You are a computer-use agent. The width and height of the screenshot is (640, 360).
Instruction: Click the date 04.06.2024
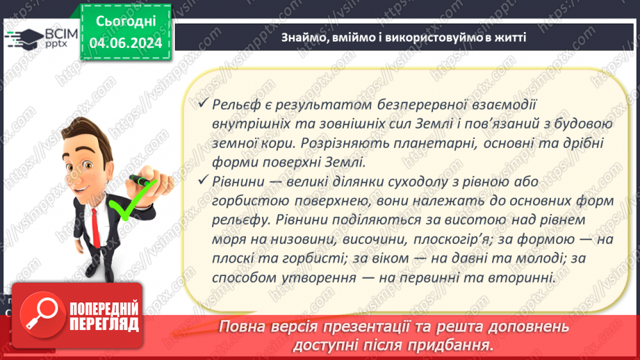coord(126,43)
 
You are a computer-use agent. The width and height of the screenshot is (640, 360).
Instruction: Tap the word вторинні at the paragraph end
coord(525,278)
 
